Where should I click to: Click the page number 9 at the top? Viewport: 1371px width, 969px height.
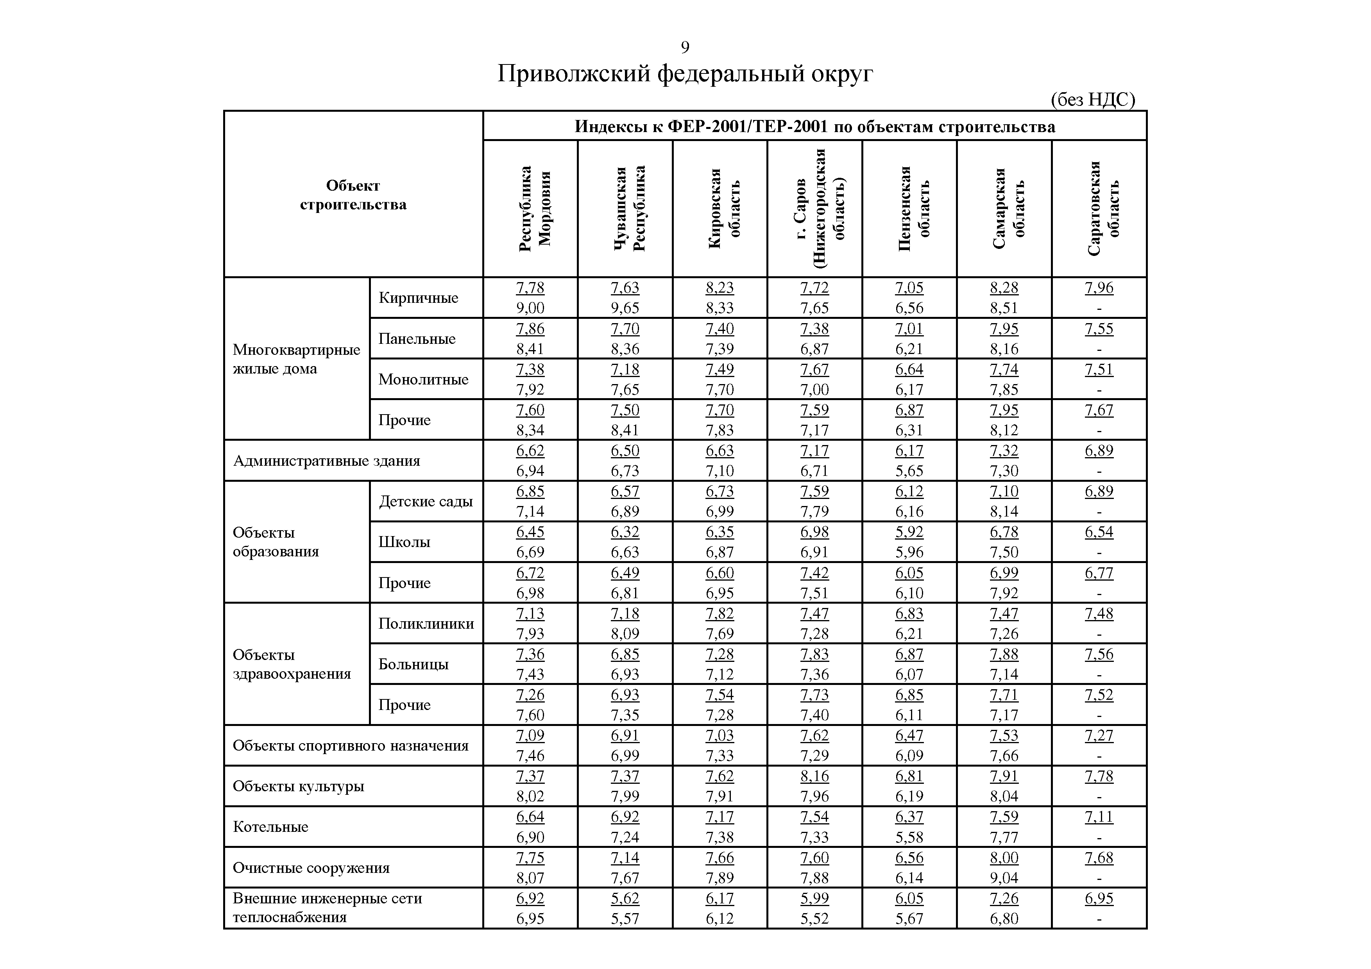click(x=685, y=47)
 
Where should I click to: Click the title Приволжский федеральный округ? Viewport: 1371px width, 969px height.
click(x=685, y=74)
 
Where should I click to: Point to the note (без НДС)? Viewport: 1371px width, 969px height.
click(x=1092, y=100)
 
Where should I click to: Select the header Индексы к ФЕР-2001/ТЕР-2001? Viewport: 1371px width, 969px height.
click(x=814, y=127)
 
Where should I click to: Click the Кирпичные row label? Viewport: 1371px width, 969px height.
click(x=418, y=298)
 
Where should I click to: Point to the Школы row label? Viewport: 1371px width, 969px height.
click(x=404, y=542)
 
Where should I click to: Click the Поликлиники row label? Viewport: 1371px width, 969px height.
click(x=426, y=623)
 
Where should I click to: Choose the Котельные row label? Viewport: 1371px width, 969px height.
click(x=270, y=827)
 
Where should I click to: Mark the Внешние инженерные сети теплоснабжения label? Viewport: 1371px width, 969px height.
click(x=327, y=908)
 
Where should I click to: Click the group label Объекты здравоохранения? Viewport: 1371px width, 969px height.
click(x=292, y=664)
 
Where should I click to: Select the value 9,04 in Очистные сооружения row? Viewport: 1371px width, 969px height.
click(x=1004, y=878)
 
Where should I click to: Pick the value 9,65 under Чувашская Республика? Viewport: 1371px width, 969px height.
click(x=625, y=308)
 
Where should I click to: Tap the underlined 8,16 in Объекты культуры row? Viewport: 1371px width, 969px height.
click(x=814, y=776)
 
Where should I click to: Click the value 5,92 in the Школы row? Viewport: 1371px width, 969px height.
click(x=909, y=532)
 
